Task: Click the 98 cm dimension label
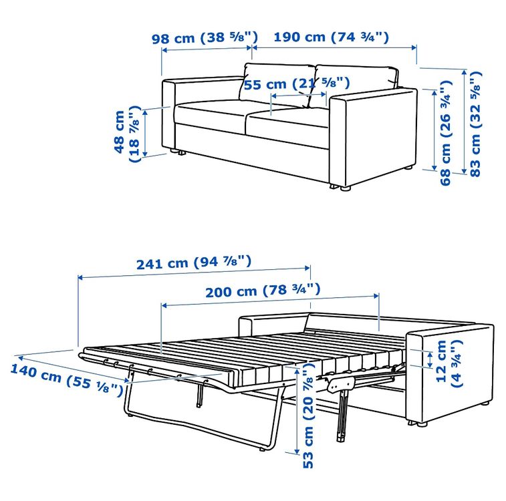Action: [205, 37]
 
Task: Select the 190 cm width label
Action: [332, 37]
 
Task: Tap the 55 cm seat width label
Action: [297, 84]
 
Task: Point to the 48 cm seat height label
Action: [128, 133]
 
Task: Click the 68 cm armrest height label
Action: [446, 132]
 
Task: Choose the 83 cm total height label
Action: [475, 124]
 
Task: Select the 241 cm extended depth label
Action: [194, 263]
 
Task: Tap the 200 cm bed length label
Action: [263, 291]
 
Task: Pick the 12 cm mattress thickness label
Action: [449, 363]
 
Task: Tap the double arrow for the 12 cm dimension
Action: [430, 360]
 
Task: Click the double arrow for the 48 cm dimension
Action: [145, 133]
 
